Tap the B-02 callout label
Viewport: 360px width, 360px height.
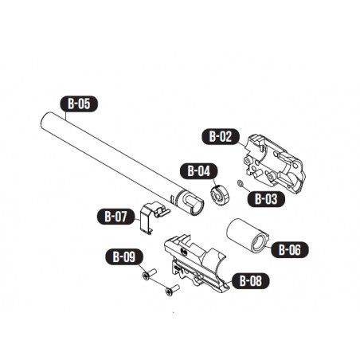[x=221, y=137]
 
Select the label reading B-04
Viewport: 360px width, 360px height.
[x=198, y=170]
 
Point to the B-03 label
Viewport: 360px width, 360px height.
[x=265, y=199]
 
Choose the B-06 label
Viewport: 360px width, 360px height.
[x=288, y=249]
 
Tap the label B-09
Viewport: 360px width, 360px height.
[x=123, y=257]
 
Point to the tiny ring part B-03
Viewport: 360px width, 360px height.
[x=241, y=187]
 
